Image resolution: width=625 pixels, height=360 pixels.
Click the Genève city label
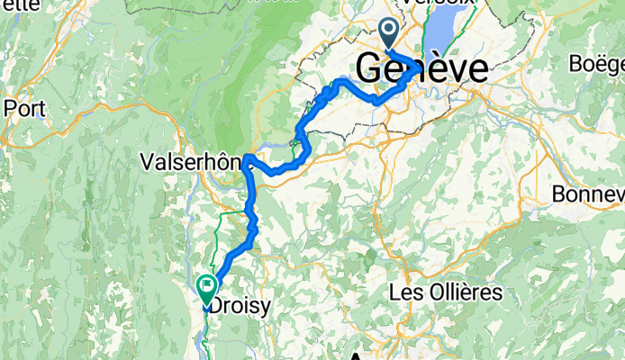pos(422,67)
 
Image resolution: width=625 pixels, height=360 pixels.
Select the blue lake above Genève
pos(439,36)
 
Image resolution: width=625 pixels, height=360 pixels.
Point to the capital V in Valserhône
pos(148,162)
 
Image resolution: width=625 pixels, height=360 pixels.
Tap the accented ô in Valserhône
pos(227,162)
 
